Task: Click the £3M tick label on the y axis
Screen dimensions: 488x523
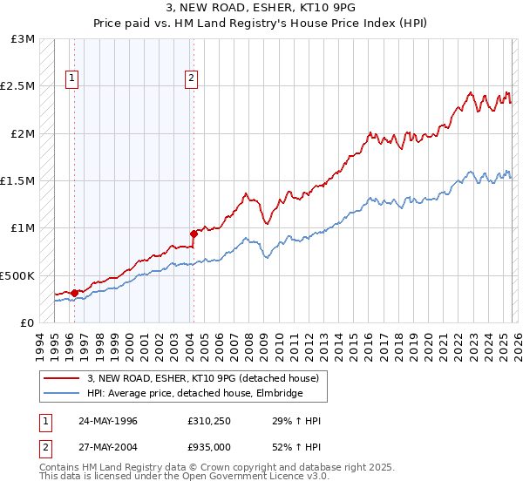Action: [x=24, y=39]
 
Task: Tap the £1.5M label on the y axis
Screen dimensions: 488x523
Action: [x=18, y=181]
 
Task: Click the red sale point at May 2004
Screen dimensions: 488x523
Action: [x=193, y=234]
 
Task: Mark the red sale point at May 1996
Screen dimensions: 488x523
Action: [x=74, y=293]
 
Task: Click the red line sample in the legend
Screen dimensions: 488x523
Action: [x=62, y=378]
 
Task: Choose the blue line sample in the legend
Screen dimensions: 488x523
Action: [x=62, y=393]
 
